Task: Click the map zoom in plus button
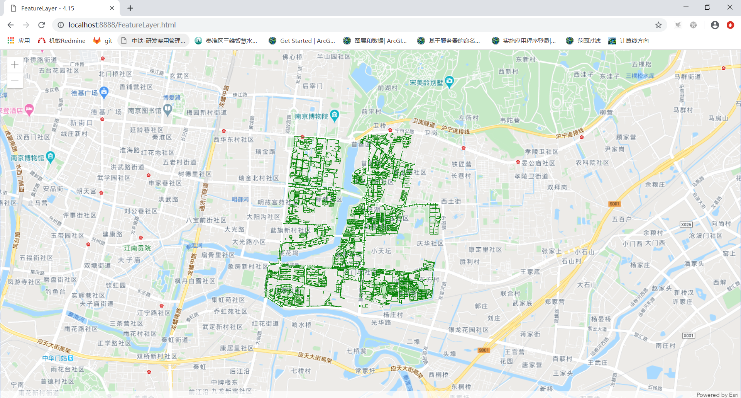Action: pyautogui.click(x=15, y=65)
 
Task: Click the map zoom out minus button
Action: pyautogui.click(x=15, y=80)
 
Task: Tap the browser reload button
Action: pyautogui.click(x=42, y=25)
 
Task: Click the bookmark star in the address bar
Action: pyautogui.click(x=658, y=25)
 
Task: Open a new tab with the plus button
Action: pyautogui.click(x=130, y=8)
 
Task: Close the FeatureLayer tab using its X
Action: pyautogui.click(x=112, y=8)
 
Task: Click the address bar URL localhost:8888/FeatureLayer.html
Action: pyautogui.click(x=122, y=25)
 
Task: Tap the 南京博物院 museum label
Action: pyautogui.click(x=312, y=116)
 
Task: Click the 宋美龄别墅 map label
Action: pyautogui.click(x=426, y=82)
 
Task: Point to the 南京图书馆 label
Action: pyautogui.click(x=145, y=111)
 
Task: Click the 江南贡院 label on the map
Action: pyautogui.click(x=137, y=248)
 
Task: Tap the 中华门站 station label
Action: pyautogui.click(x=54, y=358)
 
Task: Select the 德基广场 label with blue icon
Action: pyautogui.click(x=85, y=93)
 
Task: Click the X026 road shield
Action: pyautogui.click(x=686, y=225)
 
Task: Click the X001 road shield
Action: pyautogui.click(x=689, y=335)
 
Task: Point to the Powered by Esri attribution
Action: pyautogui.click(x=717, y=395)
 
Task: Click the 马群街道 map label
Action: pyautogui.click(x=688, y=77)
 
